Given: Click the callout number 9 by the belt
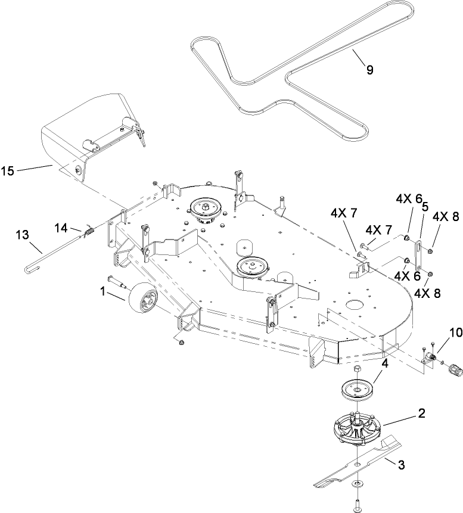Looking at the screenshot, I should click(x=369, y=70).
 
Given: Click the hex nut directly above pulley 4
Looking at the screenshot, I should click(x=356, y=369).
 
